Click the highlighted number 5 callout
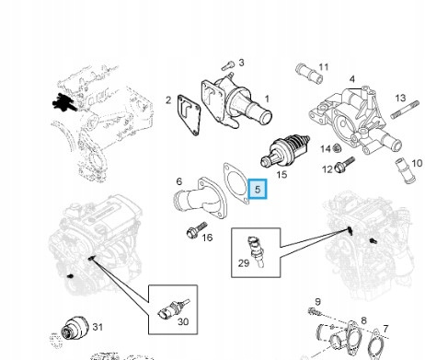[x=258, y=189]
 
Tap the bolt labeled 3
[x=228, y=65]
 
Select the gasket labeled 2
[x=189, y=115]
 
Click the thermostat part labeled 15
[x=285, y=150]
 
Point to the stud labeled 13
[x=405, y=110]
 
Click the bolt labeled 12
[x=345, y=165]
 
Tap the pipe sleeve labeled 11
[x=309, y=74]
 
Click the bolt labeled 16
[x=197, y=230]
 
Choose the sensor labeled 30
[x=173, y=309]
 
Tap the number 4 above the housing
[x=352, y=79]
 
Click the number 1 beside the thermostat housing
[x=267, y=99]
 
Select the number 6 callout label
[x=179, y=181]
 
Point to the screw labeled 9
[x=315, y=311]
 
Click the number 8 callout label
[x=363, y=320]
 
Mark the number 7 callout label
[x=385, y=329]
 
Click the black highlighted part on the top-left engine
[x=63, y=101]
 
